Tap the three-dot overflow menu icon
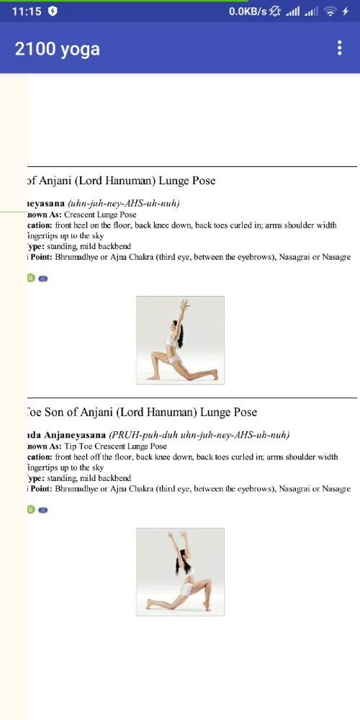tap(340, 48)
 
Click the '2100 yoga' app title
tap(58, 49)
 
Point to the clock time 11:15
tap(27, 12)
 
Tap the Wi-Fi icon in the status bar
tap(330, 12)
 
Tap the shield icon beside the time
tap(53, 12)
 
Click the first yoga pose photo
tap(180, 340)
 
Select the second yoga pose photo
tap(180, 572)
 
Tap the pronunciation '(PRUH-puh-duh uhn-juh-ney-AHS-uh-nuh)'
tap(199, 436)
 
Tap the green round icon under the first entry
tap(30, 278)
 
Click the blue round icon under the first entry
tap(43, 279)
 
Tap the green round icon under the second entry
tap(30, 510)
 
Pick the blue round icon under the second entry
tap(43, 510)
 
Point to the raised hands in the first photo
tap(185, 303)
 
